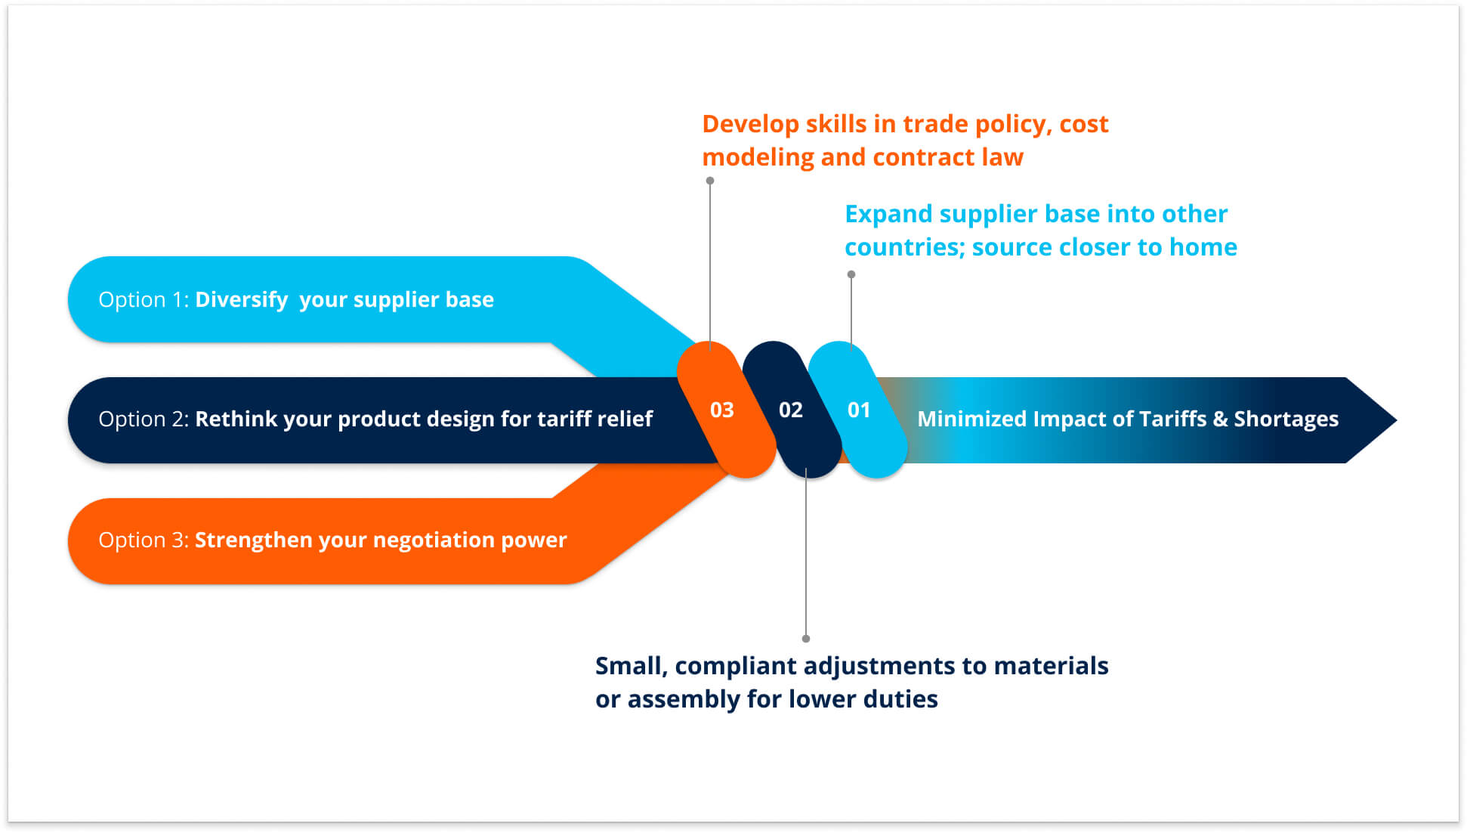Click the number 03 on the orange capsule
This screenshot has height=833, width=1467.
point(721,410)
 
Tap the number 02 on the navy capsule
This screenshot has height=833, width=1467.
point(790,410)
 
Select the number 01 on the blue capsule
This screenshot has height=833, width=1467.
point(859,410)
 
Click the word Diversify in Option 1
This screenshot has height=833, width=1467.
point(241,300)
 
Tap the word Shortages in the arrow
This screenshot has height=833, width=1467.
point(1286,419)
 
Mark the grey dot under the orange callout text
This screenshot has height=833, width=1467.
point(710,181)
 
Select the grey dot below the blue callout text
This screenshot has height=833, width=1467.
point(851,274)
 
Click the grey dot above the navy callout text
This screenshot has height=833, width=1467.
point(806,639)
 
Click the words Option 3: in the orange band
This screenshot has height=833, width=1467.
point(144,540)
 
